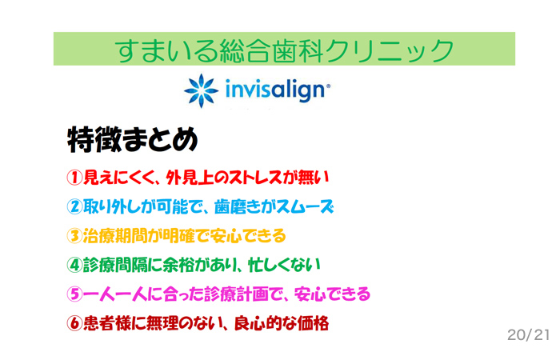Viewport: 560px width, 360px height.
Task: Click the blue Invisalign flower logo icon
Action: tap(201, 90)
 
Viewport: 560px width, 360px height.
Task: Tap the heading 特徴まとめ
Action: tap(133, 140)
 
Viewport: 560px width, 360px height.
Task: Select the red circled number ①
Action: tap(74, 178)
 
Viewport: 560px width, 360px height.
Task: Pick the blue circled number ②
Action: tap(74, 206)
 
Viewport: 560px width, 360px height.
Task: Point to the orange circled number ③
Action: tap(74, 236)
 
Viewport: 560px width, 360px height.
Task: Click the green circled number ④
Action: tap(74, 265)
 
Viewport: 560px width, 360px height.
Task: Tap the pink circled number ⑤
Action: tap(74, 294)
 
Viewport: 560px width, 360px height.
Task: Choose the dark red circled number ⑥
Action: tap(74, 323)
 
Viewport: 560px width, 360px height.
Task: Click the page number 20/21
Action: tap(528, 335)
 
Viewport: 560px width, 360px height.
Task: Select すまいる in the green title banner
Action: tap(166, 50)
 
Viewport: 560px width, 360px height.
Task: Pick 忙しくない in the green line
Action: tap(284, 265)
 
